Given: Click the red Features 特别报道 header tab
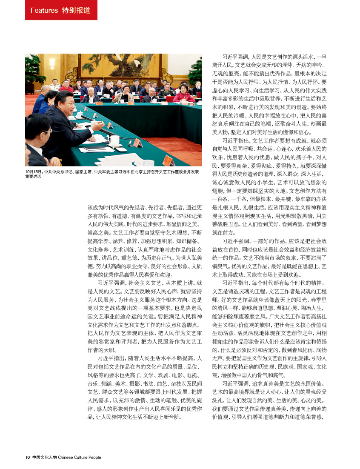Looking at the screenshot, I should pos(61,10).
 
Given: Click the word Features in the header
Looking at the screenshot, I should pos(44,10).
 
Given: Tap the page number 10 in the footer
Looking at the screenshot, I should pos(27,458).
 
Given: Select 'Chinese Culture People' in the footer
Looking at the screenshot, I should pos(80,458).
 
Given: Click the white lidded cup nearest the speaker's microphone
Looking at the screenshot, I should pos(113,140).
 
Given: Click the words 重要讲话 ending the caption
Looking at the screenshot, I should pos(33,176).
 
